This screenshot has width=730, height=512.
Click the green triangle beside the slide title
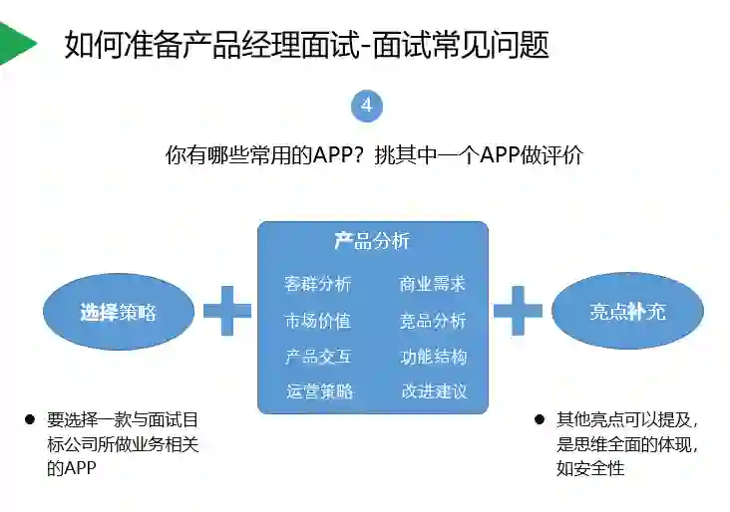(15, 43)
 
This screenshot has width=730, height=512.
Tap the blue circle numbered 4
(367, 105)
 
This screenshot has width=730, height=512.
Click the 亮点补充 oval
(626, 312)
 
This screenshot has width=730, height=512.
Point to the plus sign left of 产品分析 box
(227, 311)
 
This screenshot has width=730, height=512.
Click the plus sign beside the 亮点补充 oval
(518, 311)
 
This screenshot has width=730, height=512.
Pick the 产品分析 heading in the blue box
(371, 241)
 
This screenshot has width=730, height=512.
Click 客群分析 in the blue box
(318, 285)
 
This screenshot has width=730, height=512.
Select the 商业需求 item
(433, 285)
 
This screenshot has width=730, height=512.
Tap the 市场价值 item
(318, 321)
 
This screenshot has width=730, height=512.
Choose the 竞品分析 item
(433, 321)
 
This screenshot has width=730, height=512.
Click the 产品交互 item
(318, 357)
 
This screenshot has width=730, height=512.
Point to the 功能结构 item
(433, 357)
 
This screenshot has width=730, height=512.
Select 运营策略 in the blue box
(318, 391)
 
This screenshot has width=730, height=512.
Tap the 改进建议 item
(433, 391)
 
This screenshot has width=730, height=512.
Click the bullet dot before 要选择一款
(30, 419)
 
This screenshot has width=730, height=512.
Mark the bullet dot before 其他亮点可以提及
(540, 419)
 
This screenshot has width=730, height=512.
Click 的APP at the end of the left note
(71, 468)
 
